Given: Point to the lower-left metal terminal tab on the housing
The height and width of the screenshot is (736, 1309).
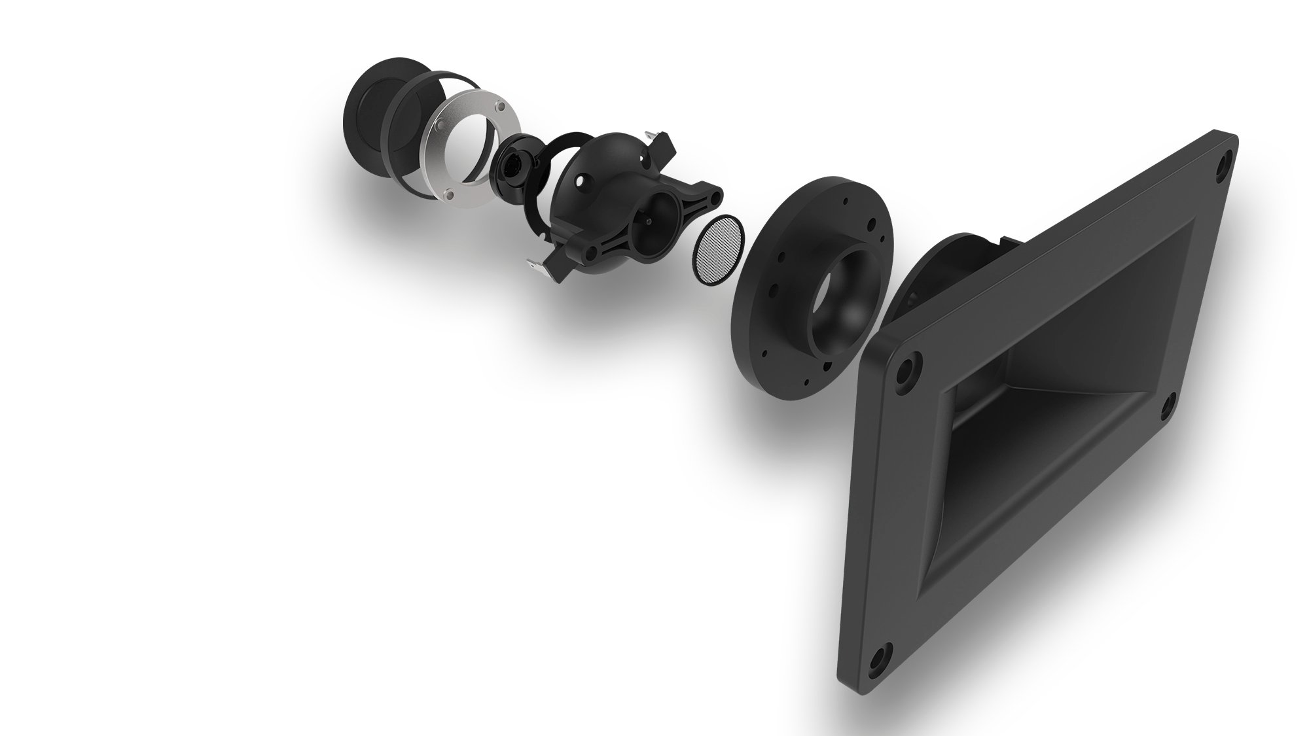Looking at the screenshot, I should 537,264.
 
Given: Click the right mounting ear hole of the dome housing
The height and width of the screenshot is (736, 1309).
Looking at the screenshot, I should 716,194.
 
